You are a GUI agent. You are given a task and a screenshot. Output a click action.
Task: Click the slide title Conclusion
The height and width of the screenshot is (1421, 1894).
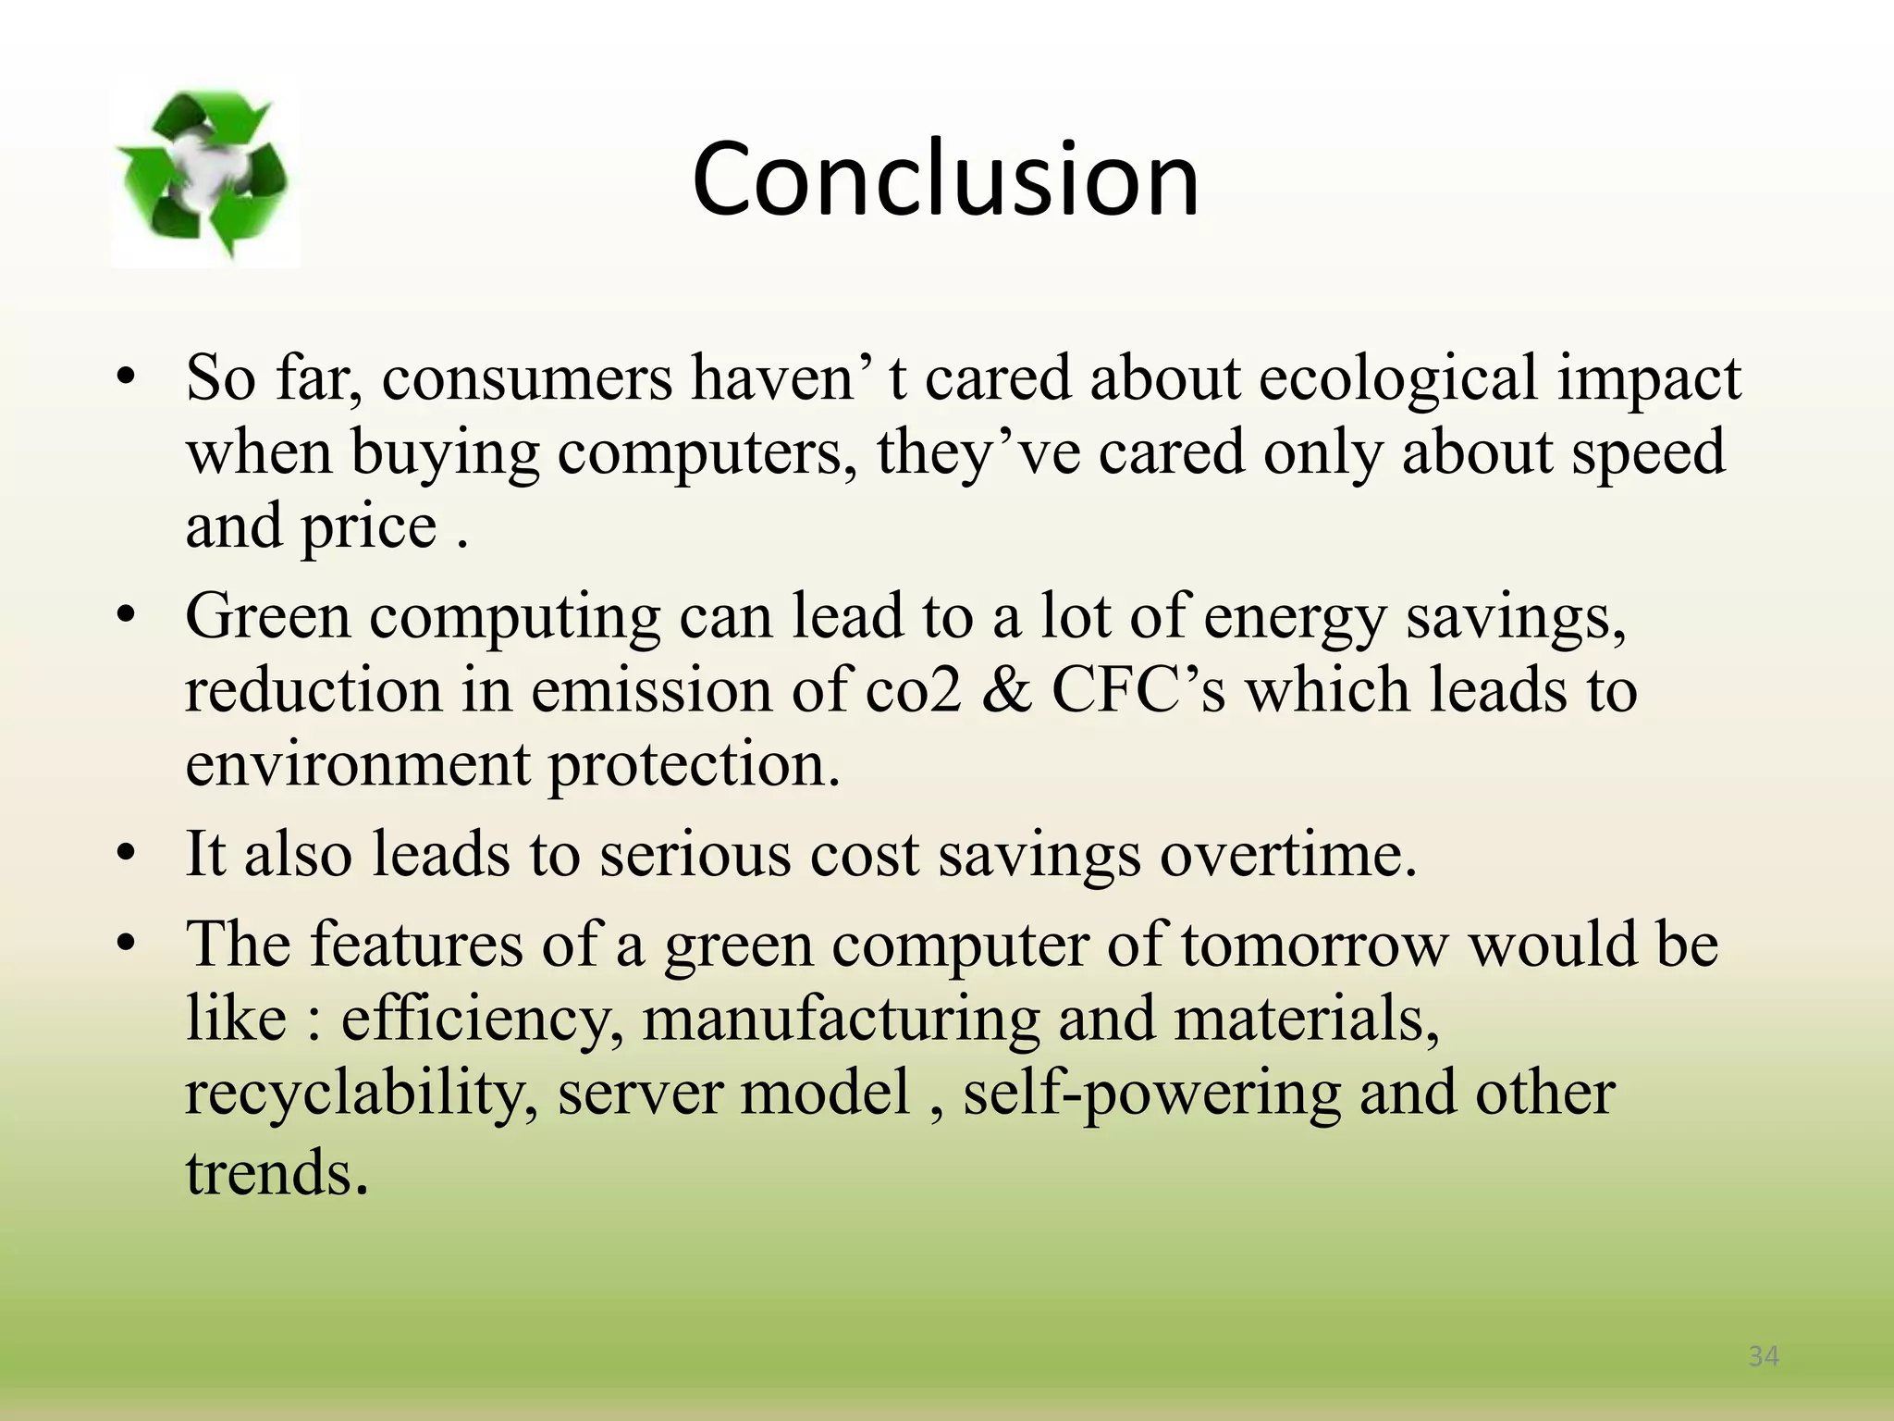pos(945,178)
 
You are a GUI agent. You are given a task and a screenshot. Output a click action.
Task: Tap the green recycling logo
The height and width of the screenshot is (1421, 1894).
pos(204,174)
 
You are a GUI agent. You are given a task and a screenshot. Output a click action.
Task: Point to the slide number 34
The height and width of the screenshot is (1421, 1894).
pos(1764,1356)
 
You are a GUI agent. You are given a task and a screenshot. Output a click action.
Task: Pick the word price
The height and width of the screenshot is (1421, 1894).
pos(369,527)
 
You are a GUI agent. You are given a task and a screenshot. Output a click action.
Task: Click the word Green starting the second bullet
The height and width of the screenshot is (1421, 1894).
pos(268,617)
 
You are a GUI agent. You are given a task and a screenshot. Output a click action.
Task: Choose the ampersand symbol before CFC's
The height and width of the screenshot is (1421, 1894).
pos(1006,691)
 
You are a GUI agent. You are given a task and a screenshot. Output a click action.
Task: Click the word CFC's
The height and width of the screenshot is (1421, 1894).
pos(1138,691)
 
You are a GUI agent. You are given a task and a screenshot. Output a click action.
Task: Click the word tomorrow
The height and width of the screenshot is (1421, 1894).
pos(1313,945)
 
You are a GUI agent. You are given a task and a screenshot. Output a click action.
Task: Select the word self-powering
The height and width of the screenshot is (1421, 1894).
pos(1151,1093)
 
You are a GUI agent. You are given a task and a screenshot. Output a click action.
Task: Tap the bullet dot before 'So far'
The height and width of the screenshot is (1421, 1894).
pos(127,379)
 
